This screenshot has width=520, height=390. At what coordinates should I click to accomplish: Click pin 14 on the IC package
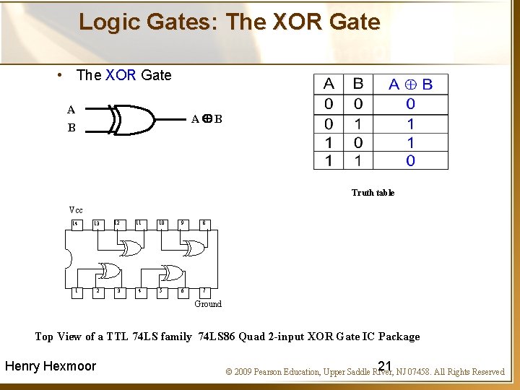point(75,224)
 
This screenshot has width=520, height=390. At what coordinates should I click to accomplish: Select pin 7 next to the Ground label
point(204,291)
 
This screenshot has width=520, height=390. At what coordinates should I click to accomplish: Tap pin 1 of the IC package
point(75,291)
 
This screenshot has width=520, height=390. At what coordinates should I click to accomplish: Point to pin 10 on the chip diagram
point(161,223)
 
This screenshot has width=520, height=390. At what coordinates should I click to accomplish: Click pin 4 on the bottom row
point(139,291)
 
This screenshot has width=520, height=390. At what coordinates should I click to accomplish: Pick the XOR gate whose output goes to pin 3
point(110,272)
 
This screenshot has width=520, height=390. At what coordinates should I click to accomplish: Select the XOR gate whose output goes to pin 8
point(194,248)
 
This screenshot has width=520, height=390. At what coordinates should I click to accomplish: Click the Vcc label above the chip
point(76,210)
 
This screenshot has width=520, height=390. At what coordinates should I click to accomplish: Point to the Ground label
point(208,304)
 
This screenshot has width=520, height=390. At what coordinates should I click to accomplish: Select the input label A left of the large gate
point(71,110)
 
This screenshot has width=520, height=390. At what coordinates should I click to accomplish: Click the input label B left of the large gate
point(71,129)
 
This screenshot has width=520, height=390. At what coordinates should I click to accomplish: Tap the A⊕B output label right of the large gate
point(207,118)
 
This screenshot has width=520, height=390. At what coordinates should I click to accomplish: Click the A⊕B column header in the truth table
point(410,84)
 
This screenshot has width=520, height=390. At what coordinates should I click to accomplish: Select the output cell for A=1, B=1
point(410,160)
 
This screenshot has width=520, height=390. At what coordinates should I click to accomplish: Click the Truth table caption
point(373,193)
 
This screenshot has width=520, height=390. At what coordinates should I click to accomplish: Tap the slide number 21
point(384,365)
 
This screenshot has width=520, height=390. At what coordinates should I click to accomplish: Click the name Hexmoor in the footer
point(70,366)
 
